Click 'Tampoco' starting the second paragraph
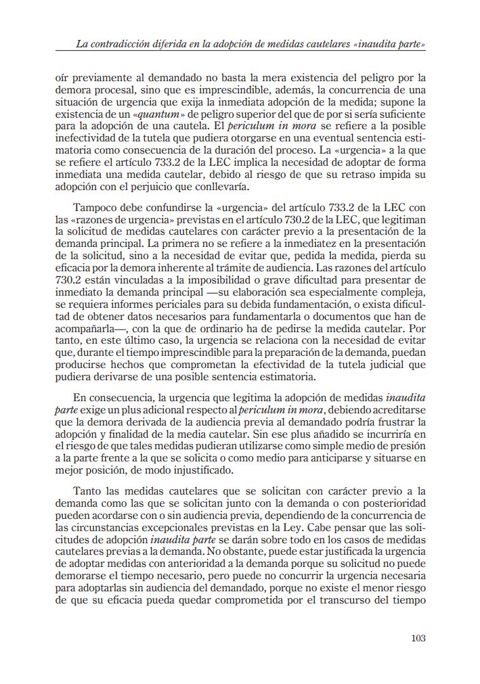[x=93, y=206]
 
